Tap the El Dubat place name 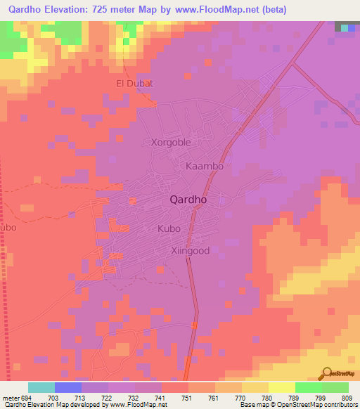134,84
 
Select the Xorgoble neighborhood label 171,142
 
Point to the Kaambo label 205,167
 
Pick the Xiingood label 191,250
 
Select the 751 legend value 188,398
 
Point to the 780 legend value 266,398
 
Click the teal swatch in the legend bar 41,387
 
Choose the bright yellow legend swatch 282,387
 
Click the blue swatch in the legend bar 68,387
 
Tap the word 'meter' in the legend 10,398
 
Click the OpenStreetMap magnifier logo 326,373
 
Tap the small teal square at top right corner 347,27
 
